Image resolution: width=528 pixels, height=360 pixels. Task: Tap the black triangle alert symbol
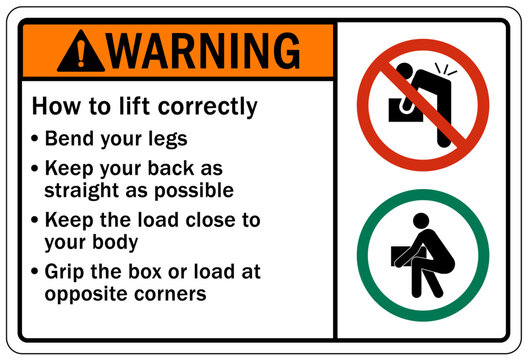(80, 51)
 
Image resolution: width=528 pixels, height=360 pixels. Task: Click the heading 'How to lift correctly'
(145, 106)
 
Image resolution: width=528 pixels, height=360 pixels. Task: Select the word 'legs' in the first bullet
(166, 139)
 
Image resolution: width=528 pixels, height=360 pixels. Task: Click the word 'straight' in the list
(79, 189)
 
